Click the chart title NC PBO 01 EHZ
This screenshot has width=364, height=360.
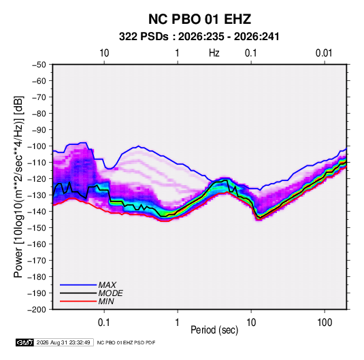[199, 19]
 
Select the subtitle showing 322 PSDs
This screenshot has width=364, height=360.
[199, 37]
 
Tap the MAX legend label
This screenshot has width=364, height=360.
[107, 285]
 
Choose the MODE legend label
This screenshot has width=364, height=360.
[110, 293]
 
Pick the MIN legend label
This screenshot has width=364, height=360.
[106, 301]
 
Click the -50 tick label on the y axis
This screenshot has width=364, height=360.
[39, 65]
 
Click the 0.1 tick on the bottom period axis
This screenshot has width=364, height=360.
[104, 323]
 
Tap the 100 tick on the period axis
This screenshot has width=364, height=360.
[325, 323]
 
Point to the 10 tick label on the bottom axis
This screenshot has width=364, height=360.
[251, 323]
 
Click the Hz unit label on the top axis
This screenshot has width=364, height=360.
[214, 53]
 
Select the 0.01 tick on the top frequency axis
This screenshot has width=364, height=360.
[324, 53]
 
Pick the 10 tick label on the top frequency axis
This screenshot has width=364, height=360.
[104, 53]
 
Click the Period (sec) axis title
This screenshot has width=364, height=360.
[214, 330]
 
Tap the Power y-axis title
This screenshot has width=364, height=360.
[18, 186]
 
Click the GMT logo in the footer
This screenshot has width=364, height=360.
[25, 342]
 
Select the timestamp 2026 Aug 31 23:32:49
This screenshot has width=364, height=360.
[63, 342]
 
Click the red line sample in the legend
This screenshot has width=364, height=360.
[78, 301]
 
